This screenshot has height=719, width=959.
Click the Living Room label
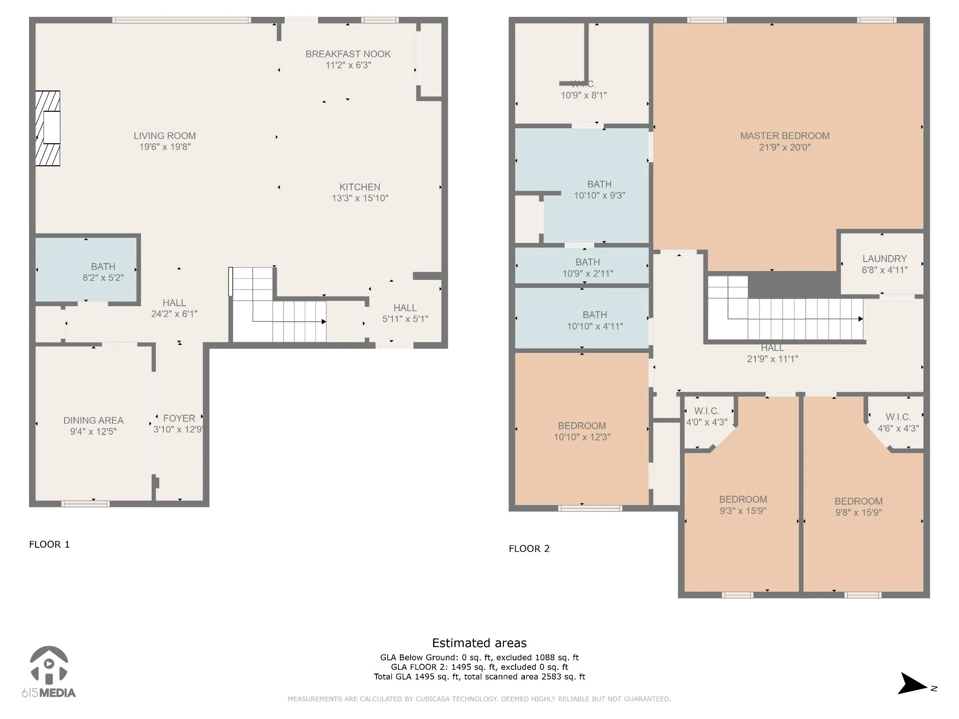164,136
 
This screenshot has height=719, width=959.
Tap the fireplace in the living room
48,128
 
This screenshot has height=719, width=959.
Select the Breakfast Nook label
348,54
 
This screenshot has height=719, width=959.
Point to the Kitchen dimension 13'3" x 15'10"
360,198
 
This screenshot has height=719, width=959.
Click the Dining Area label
94,420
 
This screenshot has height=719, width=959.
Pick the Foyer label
179,418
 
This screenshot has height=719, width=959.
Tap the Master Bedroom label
785,136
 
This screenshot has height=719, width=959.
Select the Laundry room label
885,258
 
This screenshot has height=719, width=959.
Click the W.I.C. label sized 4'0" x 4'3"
707,411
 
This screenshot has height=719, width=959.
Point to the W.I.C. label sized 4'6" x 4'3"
898,417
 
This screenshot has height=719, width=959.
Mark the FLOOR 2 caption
529,549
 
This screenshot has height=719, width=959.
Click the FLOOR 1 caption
49,544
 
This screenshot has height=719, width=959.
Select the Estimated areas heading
479,643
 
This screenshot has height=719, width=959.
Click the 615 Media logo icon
49,665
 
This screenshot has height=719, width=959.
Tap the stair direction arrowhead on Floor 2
861,319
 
